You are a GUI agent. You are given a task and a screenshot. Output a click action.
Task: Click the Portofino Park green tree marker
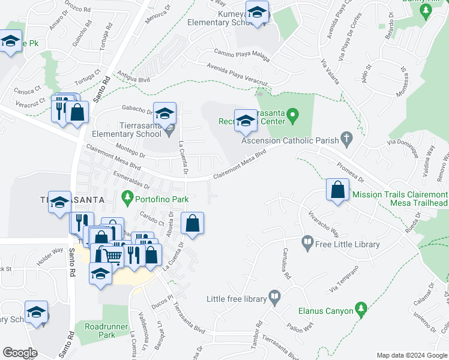click(x=127, y=196)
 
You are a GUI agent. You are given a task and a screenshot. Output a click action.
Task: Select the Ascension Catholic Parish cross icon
click(x=345, y=138)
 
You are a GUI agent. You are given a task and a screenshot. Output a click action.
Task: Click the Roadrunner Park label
click(x=99, y=331)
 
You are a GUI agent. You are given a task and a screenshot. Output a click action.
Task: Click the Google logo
click(x=20, y=353)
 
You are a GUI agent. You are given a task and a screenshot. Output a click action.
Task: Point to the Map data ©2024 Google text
click(x=411, y=355)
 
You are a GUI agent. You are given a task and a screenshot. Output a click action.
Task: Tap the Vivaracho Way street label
click(x=323, y=223)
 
